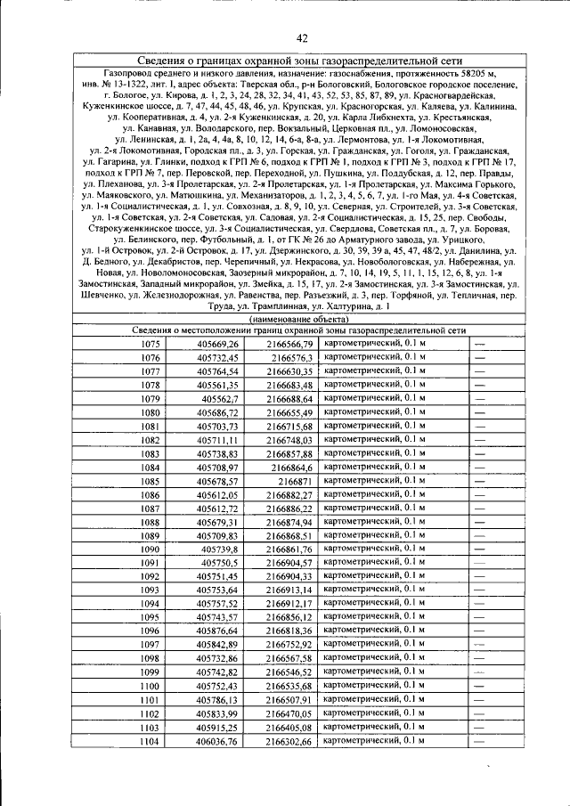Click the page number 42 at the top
coord(302,37)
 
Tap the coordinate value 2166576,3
coord(291,358)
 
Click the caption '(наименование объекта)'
coord(301,318)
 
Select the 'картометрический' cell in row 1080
coord(375,412)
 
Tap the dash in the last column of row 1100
coord(479,687)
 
